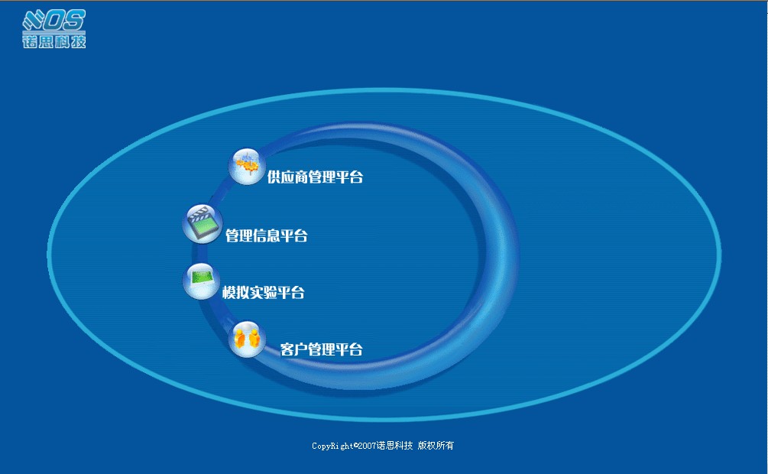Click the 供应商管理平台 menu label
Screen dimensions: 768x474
tap(315, 177)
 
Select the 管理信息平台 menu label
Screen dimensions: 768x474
tap(267, 235)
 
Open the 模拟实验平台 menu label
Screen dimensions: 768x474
tap(264, 293)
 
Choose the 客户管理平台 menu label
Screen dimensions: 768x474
tap(321, 349)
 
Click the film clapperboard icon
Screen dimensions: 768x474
tap(203, 224)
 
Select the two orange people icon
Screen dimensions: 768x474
tap(247, 339)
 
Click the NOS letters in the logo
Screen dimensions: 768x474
tap(54, 20)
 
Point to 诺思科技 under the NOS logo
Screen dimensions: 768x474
tap(54, 41)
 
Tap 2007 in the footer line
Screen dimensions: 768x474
tap(367, 446)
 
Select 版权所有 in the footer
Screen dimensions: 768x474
tap(436, 446)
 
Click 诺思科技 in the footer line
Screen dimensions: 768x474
tap(395, 446)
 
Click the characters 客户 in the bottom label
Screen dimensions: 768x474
tap(293, 349)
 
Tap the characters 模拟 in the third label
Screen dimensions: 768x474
tap(235, 293)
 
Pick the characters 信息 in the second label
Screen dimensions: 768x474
tap(267, 235)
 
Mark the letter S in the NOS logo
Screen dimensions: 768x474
tap(74, 20)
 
